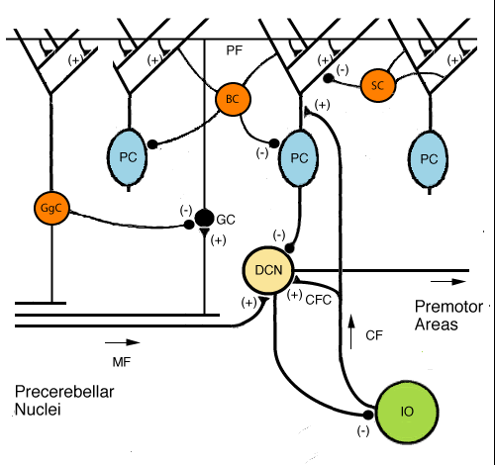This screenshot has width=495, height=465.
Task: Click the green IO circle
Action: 407,412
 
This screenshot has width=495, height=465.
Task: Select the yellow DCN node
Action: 268,270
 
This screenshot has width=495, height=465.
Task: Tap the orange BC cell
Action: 233,99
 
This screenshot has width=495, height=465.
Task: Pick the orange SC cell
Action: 378,86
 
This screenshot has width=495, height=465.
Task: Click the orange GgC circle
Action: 51,208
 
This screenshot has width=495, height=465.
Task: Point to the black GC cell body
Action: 204,218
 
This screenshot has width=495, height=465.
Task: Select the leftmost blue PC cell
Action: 128,157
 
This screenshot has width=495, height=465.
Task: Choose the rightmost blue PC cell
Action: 429,160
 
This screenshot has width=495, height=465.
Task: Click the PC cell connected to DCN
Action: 299,158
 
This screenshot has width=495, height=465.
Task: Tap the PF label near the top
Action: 235,50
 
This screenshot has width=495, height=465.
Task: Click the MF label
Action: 122,362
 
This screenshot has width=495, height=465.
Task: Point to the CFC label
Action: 318,300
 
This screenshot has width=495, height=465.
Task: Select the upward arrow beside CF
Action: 351,331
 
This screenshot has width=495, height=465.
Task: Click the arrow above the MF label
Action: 123,342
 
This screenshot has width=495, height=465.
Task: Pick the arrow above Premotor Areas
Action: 448,282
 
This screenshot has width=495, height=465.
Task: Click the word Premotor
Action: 448,307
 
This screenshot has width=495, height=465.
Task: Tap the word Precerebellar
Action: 64,392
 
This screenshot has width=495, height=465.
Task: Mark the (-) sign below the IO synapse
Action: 363,430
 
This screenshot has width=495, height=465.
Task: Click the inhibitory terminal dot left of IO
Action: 368,415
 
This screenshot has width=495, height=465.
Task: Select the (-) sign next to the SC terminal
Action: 343,70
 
